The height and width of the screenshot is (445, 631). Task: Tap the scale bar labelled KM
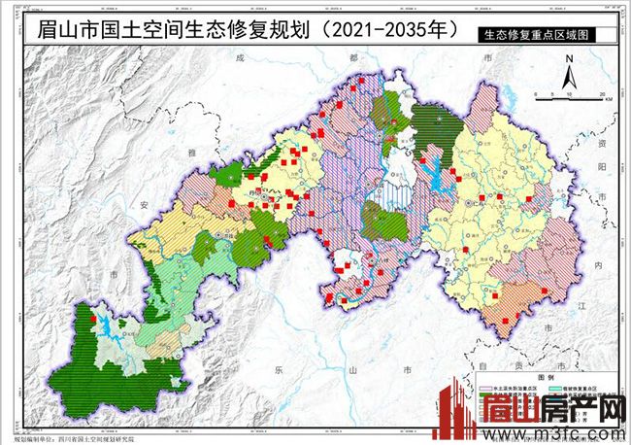click(574, 94)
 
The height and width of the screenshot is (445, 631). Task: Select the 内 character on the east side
click(599, 263)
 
